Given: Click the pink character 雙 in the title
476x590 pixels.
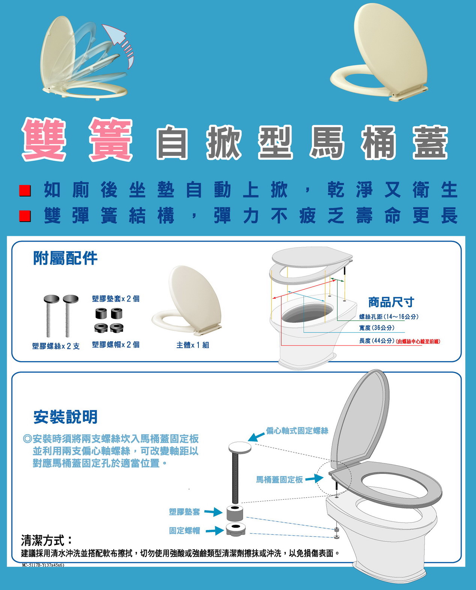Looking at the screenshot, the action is tap(44, 139).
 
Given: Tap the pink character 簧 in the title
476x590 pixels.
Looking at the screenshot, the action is tap(111, 139).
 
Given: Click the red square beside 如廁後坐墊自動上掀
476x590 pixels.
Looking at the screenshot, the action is tap(25, 191).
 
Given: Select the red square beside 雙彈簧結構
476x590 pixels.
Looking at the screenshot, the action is tap(25, 216).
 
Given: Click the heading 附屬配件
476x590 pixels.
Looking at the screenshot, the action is tap(65, 258).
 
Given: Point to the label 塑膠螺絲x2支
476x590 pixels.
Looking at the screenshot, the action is tap(56, 346).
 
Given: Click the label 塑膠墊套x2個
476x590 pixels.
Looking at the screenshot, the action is tap(116, 299).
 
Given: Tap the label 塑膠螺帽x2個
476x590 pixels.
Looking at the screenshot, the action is tap(116, 345).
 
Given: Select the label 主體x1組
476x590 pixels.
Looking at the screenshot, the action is tap(193, 345).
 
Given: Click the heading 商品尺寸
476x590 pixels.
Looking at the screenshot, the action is tap(391, 302).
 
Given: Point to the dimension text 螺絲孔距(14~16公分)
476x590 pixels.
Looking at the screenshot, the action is tap(389, 317).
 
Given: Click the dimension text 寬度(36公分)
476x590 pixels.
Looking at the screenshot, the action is tap(377, 328).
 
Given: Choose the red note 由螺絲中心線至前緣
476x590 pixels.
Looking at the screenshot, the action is tap(418, 341).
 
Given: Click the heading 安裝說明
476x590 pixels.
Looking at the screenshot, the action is tap(65, 417).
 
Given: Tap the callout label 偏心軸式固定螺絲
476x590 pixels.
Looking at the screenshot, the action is tap(297, 431).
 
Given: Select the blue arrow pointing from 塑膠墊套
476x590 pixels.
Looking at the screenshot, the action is tap(213, 512).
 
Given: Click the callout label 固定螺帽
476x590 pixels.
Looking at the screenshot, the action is tap(185, 531).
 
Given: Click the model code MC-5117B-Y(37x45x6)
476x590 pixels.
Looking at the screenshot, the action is tap(43, 565).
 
